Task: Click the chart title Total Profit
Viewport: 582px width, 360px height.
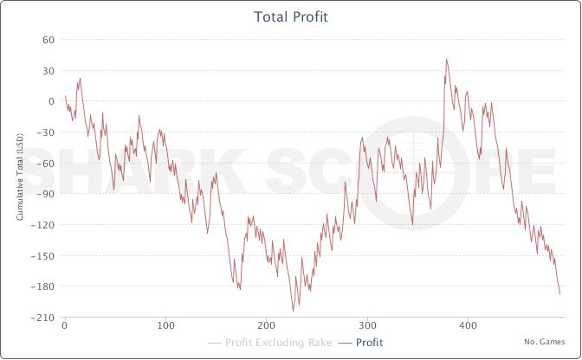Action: click(x=291, y=17)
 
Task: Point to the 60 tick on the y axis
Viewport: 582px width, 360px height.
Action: click(x=48, y=40)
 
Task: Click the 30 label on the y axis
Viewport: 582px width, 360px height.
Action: click(x=48, y=71)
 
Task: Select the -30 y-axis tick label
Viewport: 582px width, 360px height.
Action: click(x=47, y=132)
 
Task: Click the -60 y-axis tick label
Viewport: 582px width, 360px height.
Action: click(x=47, y=164)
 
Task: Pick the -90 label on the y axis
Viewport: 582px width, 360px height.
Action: click(x=47, y=194)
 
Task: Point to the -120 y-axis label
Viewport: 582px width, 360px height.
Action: click(x=44, y=225)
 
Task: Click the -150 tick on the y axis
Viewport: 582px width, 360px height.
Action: click(x=44, y=256)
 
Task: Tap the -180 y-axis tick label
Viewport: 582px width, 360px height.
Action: click(x=44, y=286)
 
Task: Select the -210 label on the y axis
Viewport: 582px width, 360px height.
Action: click(x=44, y=318)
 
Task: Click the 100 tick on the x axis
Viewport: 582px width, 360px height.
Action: click(x=165, y=326)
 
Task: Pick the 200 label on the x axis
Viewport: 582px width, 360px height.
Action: click(x=266, y=326)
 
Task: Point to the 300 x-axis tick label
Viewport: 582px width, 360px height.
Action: click(x=367, y=326)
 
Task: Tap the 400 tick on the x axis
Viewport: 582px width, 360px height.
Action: click(x=469, y=326)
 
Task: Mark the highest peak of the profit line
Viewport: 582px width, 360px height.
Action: click(x=446, y=60)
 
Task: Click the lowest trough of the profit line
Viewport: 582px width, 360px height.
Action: click(x=293, y=310)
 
